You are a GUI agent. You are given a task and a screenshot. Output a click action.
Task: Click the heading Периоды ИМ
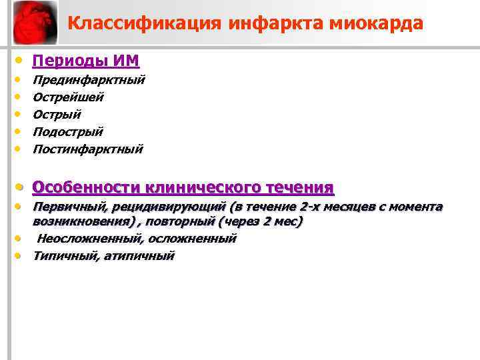point(86,61)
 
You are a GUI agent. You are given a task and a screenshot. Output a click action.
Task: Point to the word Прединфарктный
point(89,80)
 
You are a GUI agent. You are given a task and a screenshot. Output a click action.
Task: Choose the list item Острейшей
point(69,97)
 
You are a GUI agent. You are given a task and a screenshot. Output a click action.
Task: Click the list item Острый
point(57,115)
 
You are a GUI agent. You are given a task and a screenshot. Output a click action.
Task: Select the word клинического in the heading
point(204,187)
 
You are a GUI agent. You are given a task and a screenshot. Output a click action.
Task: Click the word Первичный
point(66,207)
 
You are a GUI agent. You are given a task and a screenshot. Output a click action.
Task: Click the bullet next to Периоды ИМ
point(21,61)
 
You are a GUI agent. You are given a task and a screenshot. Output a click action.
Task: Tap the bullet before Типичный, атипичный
point(21,255)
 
